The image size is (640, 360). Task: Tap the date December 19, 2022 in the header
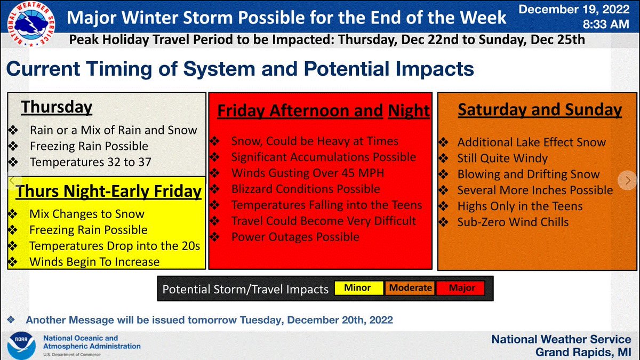(578, 10)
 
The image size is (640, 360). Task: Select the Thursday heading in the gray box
(57, 107)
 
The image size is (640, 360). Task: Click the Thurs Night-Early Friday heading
(109, 191)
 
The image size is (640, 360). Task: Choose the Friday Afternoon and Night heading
(323, 110)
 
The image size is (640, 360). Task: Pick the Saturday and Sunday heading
(540, 110)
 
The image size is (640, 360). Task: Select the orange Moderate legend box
(410, 288)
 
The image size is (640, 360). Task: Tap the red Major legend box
(462, 288)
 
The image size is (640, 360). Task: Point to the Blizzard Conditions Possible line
(305, 189)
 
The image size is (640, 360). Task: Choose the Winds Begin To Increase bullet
(94, 262)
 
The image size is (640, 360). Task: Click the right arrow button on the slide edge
(627, 180)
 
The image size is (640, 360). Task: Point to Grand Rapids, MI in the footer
(583, 352)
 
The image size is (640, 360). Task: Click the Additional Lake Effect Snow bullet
(531, 142)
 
